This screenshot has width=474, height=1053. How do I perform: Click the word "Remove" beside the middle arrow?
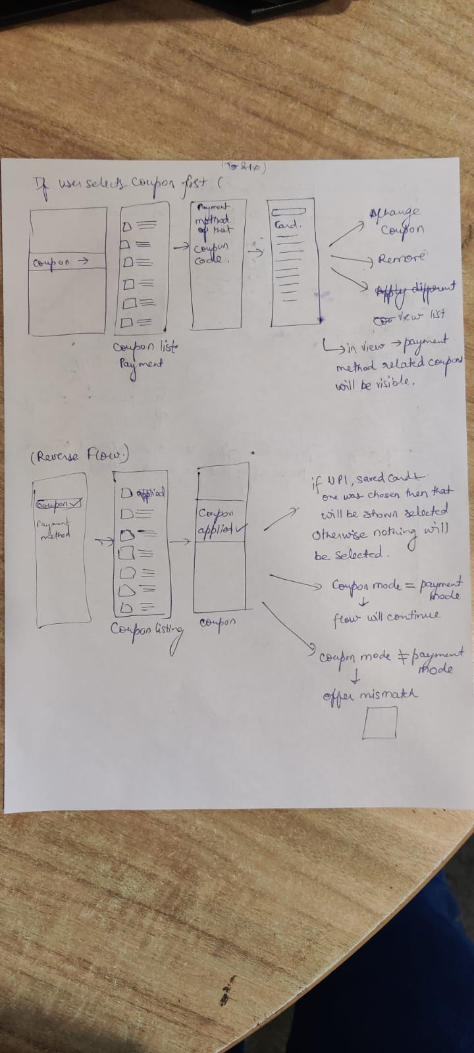coord(402,258)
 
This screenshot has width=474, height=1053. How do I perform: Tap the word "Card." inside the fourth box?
coord(288,224)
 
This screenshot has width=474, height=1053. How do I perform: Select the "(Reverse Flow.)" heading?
coord(79,455)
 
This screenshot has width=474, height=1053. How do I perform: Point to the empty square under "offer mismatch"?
coord(380,723)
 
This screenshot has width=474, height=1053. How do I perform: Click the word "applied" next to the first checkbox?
coord(151,494)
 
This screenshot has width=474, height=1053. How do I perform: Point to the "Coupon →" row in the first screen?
coord(60,262)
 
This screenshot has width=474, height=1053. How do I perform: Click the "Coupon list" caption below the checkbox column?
coord(145,347)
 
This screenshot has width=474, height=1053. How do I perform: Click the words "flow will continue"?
coord(386,617)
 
